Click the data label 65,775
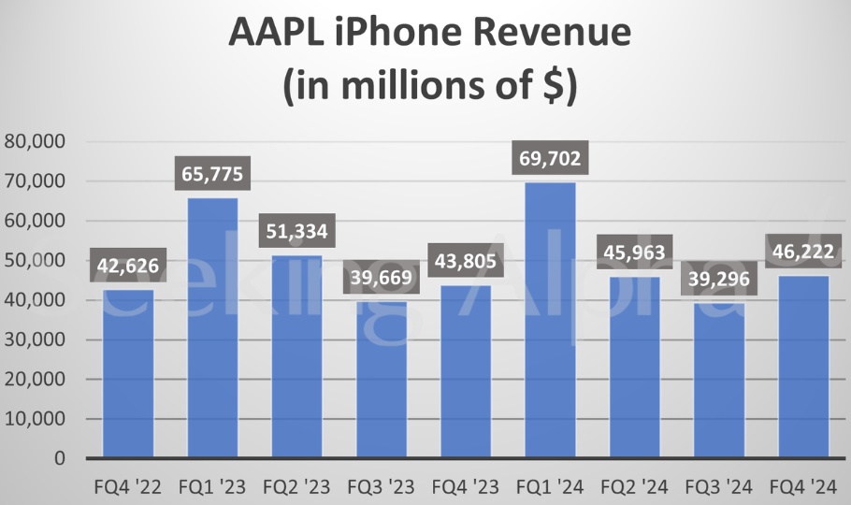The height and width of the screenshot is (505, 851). [x=211, y=174]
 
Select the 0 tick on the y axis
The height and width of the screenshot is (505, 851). [x=58, y=459]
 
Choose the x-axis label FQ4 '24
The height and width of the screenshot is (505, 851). [x=801, y=487]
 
